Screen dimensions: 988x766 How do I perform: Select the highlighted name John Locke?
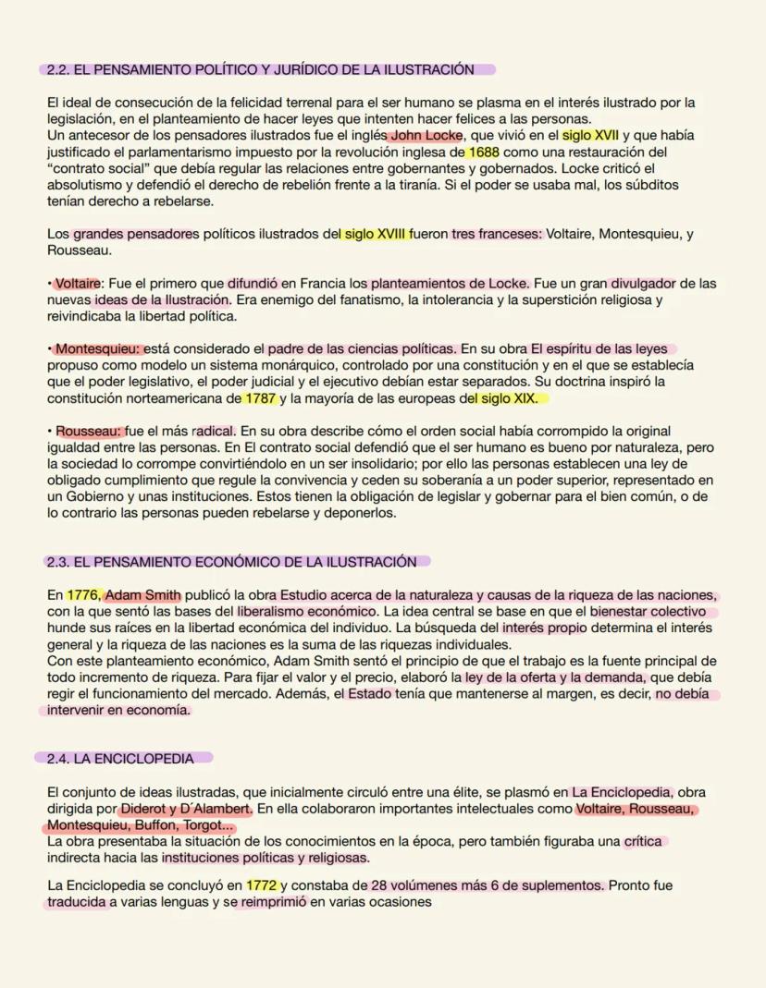coord(426,135)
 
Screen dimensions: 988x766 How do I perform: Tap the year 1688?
coord(483,152)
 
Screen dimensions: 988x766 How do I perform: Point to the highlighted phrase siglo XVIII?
coord(377,234)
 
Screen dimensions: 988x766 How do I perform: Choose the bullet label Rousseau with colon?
coord(89,431)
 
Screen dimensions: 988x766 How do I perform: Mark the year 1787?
coord(258,398)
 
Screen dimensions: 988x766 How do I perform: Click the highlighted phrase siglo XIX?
coord(507,398)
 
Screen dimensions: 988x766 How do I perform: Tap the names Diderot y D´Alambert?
coord(186,809)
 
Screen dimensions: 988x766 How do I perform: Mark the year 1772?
coord(262,885)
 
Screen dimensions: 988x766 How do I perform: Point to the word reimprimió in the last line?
coord(274,902)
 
